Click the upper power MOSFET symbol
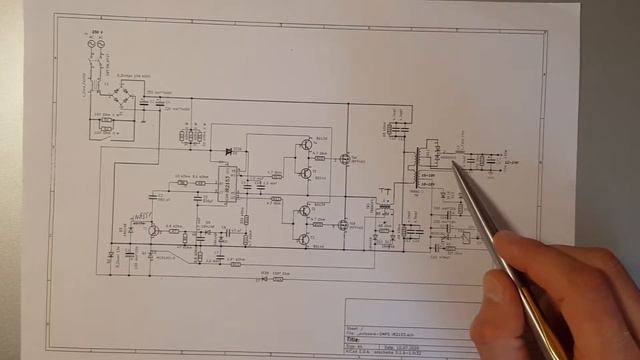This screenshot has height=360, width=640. (x=346, y=157)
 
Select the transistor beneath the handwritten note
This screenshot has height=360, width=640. (x=152, y=230)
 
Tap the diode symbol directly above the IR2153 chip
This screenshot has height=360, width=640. (x=231, y=151)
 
